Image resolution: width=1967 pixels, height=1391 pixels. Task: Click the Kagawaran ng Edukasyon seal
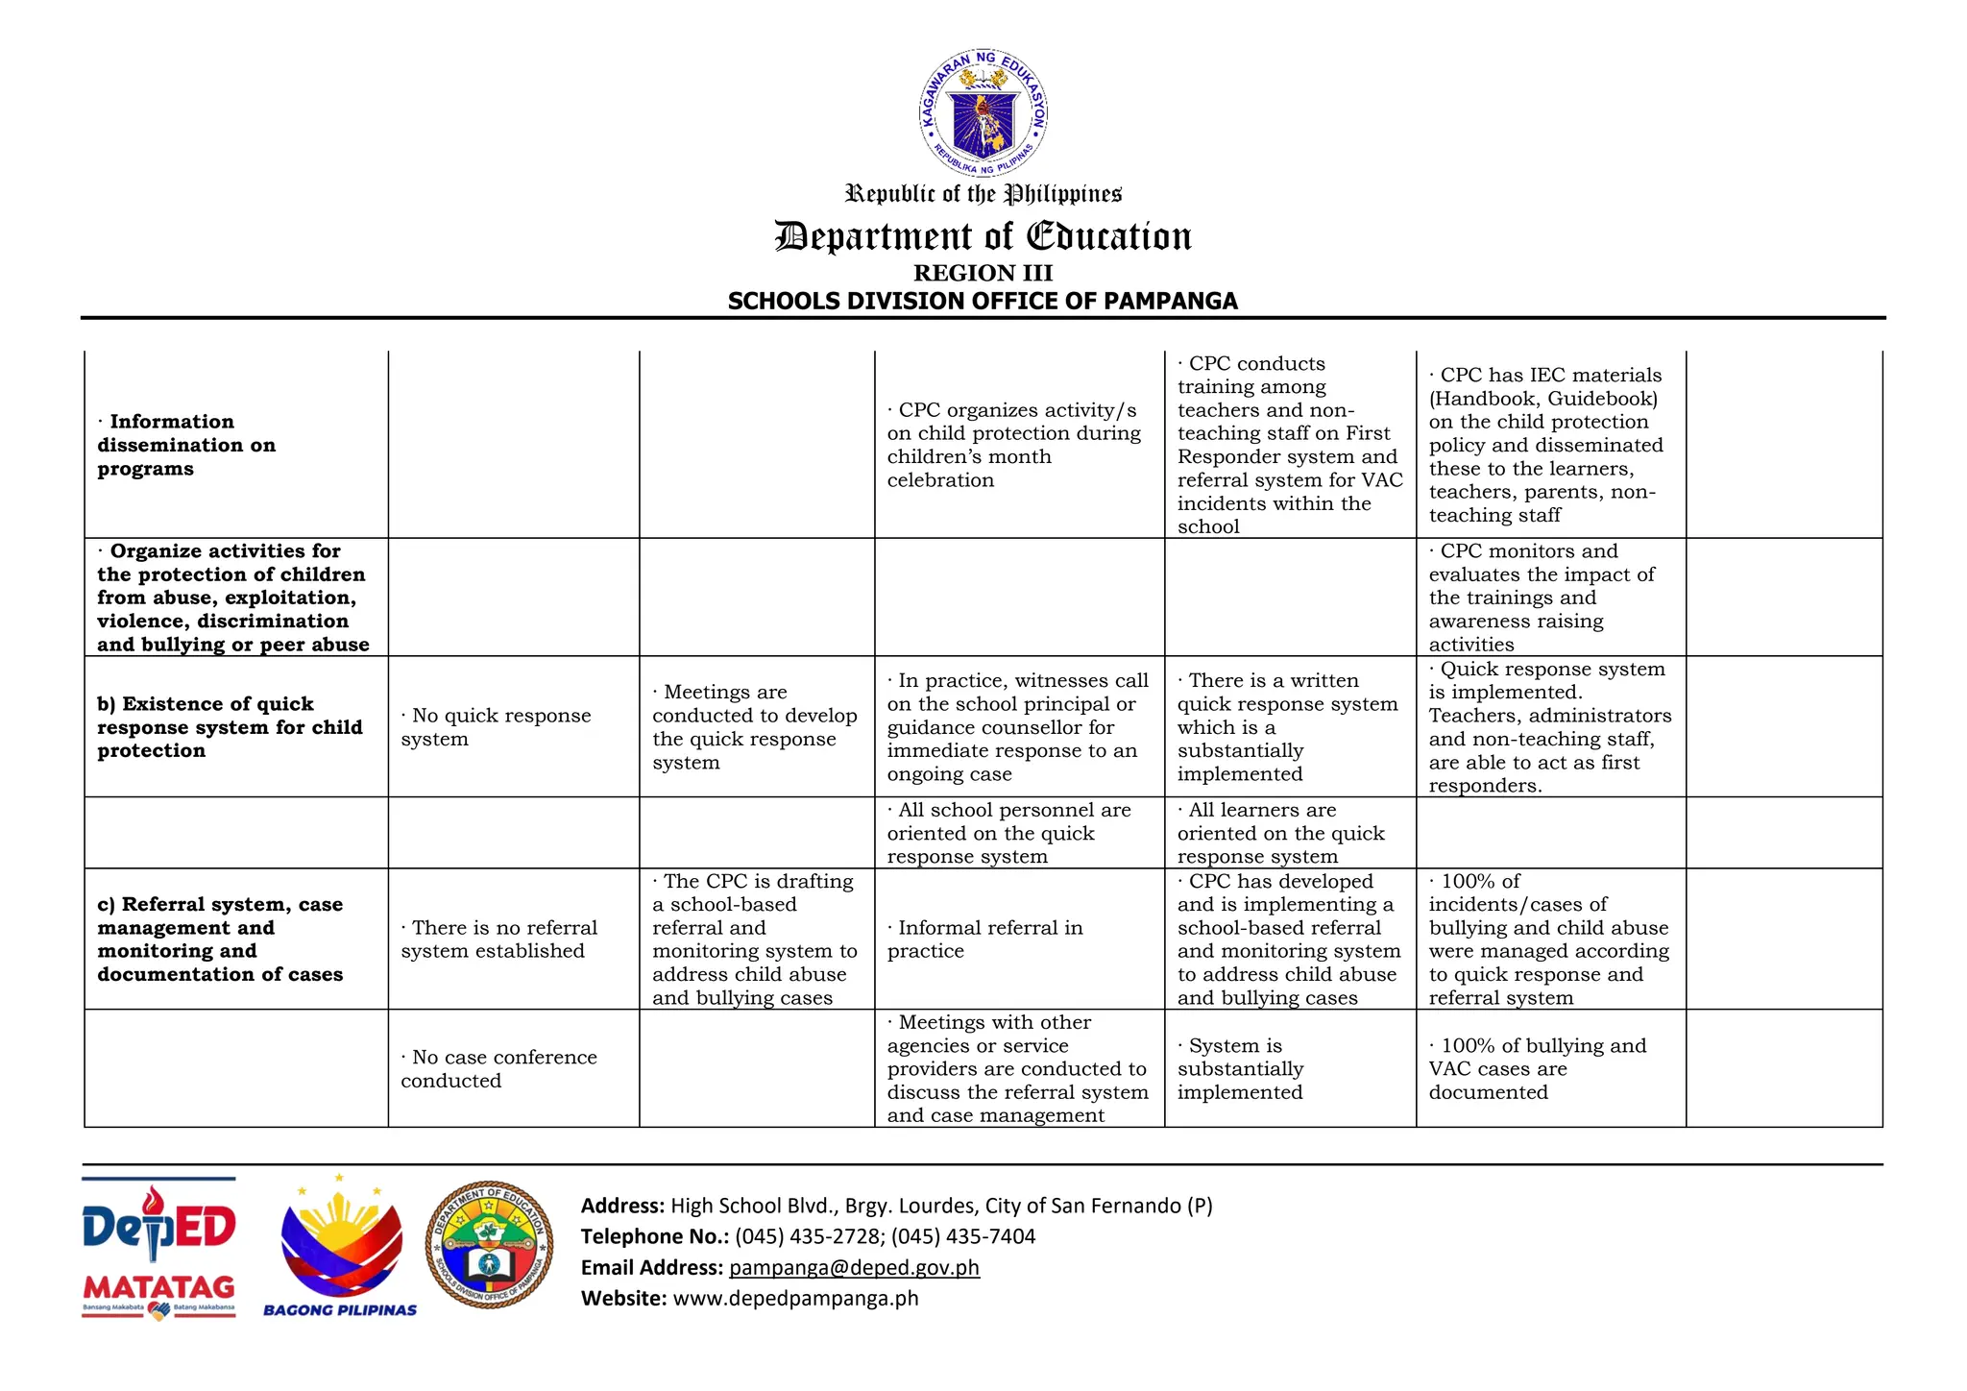983,113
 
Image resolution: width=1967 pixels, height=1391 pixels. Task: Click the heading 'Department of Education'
983,236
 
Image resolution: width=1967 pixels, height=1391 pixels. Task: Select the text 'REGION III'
983,273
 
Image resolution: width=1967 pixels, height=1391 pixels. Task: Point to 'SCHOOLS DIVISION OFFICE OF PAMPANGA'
983,301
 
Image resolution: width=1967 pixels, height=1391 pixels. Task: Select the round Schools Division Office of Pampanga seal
490,1244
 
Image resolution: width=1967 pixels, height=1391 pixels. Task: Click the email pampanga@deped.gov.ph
854,1267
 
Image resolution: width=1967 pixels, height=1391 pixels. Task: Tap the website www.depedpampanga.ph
795,1298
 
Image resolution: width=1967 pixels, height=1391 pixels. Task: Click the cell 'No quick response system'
496,727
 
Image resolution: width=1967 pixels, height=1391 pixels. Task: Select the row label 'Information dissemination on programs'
186,445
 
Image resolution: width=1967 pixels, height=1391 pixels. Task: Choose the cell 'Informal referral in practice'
984,939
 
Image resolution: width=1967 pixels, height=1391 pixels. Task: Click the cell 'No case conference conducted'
498,1068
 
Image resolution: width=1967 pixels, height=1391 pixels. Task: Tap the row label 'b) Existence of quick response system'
230,727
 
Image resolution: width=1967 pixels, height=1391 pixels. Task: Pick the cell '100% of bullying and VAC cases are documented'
1537,1068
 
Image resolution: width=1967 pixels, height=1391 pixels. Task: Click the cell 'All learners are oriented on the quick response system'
1280,833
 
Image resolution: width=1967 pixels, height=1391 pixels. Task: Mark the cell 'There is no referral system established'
498,939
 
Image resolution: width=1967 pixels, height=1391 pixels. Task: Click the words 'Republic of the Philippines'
983,194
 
